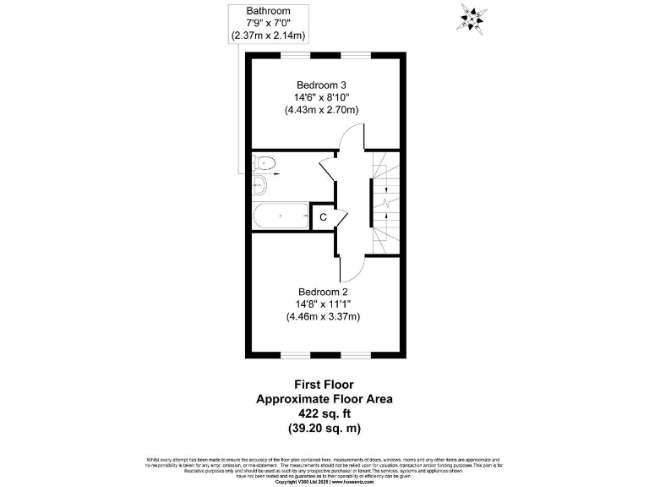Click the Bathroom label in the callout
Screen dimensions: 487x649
point(267,10)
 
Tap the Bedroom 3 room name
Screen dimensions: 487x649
point(321,85)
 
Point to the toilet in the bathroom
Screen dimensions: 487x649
point(265,163)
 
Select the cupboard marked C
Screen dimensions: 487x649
point(323,216)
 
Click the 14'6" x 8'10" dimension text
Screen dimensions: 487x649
point(321,97)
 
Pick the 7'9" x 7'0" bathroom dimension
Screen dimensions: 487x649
point(267,23)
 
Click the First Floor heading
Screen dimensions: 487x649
point(324,383)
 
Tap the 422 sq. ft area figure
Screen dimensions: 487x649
point(324,413)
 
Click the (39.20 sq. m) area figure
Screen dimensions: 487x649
point(324,429)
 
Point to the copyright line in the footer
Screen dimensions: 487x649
point(324,481)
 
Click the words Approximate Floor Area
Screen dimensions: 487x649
point(324,398)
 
